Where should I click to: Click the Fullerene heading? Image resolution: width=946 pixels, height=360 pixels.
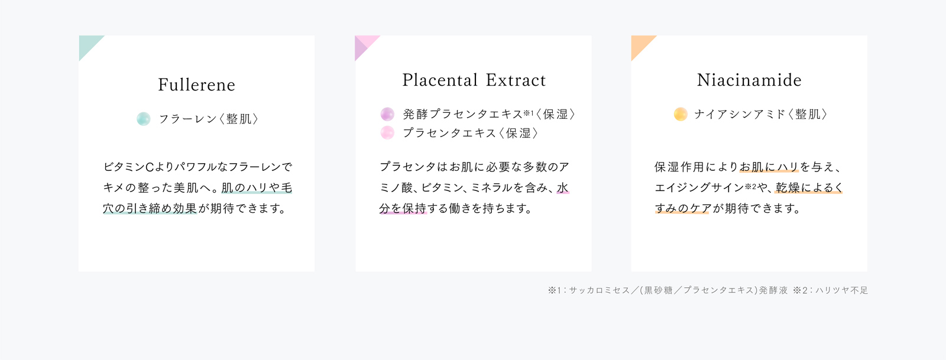(196, 85)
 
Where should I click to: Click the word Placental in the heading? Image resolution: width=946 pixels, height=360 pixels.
(440, 80)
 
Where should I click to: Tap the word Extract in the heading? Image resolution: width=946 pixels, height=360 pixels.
(516, 80)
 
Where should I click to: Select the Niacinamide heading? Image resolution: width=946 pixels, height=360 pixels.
(749, 80)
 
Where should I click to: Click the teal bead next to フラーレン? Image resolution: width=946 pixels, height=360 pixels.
(144, 119)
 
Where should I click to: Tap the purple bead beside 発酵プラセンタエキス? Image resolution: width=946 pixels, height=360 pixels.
(387, 114)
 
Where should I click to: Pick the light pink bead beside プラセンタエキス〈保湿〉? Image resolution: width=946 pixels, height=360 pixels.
(387, 132)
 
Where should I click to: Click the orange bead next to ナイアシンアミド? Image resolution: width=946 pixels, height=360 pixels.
(681, 114)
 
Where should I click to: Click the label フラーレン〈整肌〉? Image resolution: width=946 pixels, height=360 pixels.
(208, 119)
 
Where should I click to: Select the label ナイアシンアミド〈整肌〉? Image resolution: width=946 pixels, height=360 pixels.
(760, 114)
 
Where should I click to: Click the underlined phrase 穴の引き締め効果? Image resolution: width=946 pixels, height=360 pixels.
(150, 209)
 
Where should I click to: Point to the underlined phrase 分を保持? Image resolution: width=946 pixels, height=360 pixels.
(403, 209)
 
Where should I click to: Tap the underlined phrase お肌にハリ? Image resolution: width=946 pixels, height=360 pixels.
(769, 167)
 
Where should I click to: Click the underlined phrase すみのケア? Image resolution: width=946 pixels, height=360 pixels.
(682, 209)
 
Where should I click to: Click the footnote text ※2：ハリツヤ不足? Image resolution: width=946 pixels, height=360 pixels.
(830, 290)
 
